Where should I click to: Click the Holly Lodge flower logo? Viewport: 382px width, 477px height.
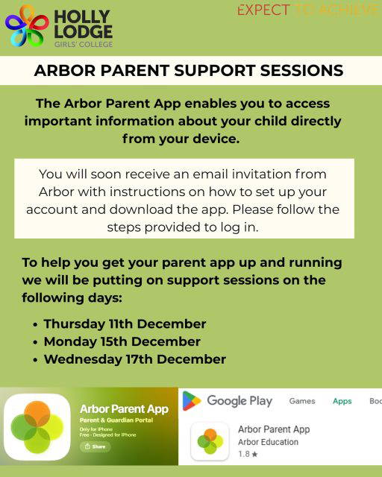point(27,26)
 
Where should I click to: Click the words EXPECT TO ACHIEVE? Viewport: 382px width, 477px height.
point(307,10)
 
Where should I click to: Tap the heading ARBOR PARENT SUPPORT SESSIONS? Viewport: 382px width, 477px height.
point(189,71)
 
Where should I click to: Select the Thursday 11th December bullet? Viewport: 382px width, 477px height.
point(125,324)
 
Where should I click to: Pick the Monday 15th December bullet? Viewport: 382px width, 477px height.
point(122,342)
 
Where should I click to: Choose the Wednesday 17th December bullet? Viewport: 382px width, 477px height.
point(134,360)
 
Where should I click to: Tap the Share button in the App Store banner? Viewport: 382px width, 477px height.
point(95,447)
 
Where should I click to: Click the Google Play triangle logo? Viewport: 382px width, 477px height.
point(192,401)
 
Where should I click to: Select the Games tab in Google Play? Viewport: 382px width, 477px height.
point(302,401)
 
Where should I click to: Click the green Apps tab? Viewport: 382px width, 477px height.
point(342,401)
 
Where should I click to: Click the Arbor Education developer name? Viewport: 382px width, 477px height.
point(268,442)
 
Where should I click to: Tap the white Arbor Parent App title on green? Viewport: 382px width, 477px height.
point(124,409)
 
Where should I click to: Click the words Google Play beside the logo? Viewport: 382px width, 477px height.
point(239,401)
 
